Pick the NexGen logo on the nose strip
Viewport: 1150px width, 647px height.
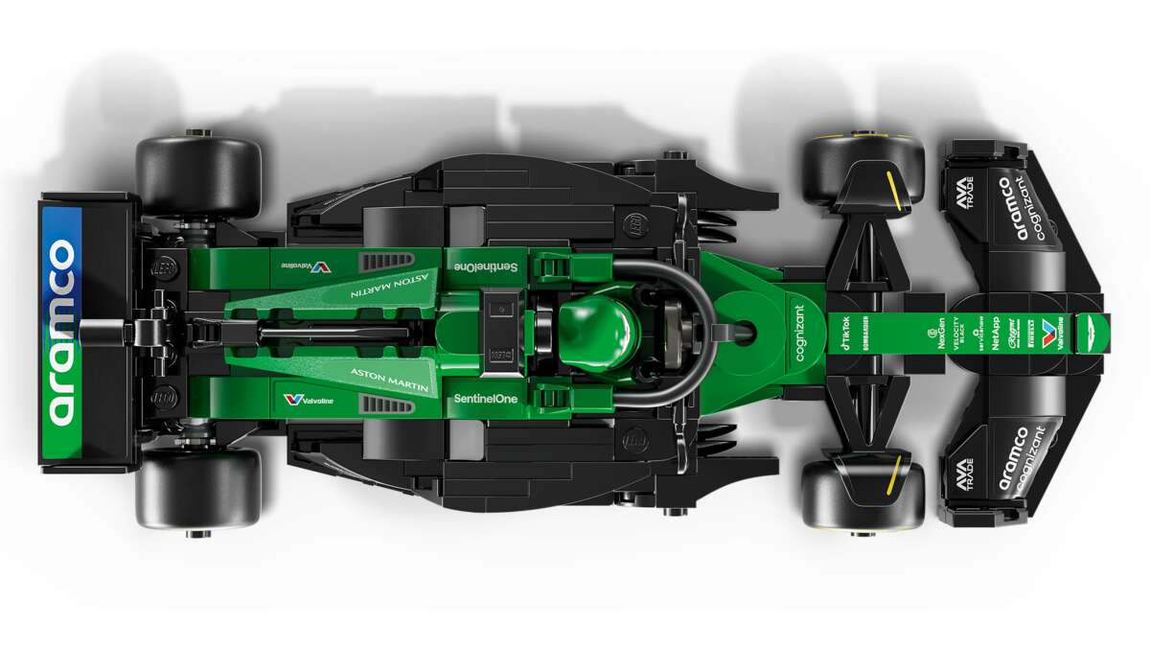coord(938,333)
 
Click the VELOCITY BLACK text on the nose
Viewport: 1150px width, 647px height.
coord(955,333)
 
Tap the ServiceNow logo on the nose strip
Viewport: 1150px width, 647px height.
coord(976,334)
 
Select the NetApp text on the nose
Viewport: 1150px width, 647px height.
coord(996,333)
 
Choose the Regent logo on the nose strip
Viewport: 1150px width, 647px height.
coord(1014,333)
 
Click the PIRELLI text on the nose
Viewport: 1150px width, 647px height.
coord(1030,333)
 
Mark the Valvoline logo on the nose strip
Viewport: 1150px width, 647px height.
coord(1050,333)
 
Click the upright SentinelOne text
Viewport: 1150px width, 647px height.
coord(485,398)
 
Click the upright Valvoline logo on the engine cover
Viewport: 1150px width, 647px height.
coord(309,399)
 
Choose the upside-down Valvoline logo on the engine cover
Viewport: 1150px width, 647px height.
coord(309,266)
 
